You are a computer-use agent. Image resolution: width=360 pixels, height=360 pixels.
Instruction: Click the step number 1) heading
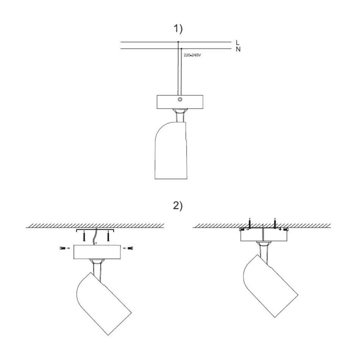pos(178,28)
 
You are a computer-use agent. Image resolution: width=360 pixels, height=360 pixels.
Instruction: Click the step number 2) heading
pos(178,206)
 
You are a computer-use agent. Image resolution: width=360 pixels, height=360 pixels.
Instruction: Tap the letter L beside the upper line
pos(238,42)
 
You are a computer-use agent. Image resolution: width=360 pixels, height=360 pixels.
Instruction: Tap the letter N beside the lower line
pos(238,49)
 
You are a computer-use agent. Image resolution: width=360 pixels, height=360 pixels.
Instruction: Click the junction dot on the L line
pos(178,42)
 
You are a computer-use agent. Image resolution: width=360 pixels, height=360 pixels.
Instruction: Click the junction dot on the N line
pos(182,49)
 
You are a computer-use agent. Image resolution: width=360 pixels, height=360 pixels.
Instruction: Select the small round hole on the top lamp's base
pos(180,99)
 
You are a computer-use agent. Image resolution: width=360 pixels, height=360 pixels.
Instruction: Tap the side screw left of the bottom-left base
pos(63,248)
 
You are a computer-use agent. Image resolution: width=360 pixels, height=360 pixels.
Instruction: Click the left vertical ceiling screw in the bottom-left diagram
pos(83,237)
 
